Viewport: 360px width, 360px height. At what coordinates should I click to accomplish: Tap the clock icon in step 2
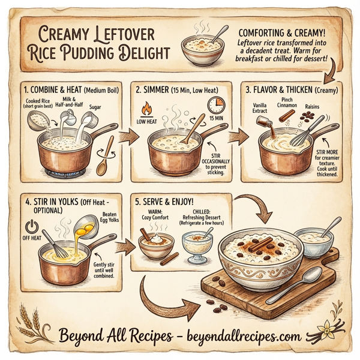coord(215,106)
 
